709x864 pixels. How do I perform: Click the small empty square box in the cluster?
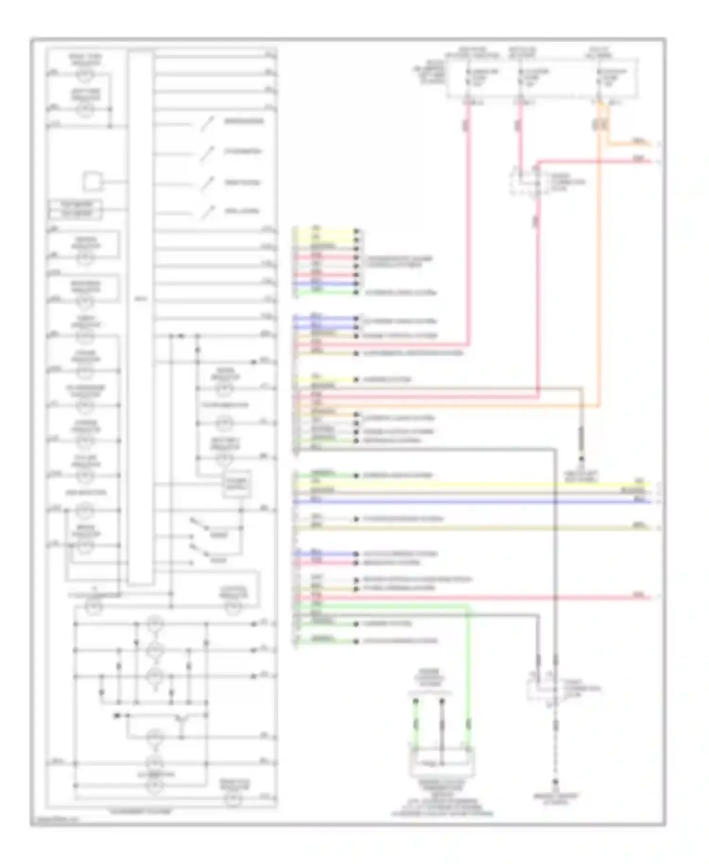point(93,181)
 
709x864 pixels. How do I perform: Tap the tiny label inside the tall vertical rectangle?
point(141,299)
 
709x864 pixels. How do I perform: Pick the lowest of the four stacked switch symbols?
point(207,213)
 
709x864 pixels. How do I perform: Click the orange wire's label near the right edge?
point(638,141)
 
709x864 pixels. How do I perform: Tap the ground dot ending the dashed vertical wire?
point(556,782)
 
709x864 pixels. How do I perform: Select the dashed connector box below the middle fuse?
point(525,181)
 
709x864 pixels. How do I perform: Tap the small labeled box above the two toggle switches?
point(236,484)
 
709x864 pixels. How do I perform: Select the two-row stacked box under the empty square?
point(76,210)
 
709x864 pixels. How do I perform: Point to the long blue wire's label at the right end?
point(639,500)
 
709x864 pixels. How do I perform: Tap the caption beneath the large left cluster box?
point(140,812)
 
